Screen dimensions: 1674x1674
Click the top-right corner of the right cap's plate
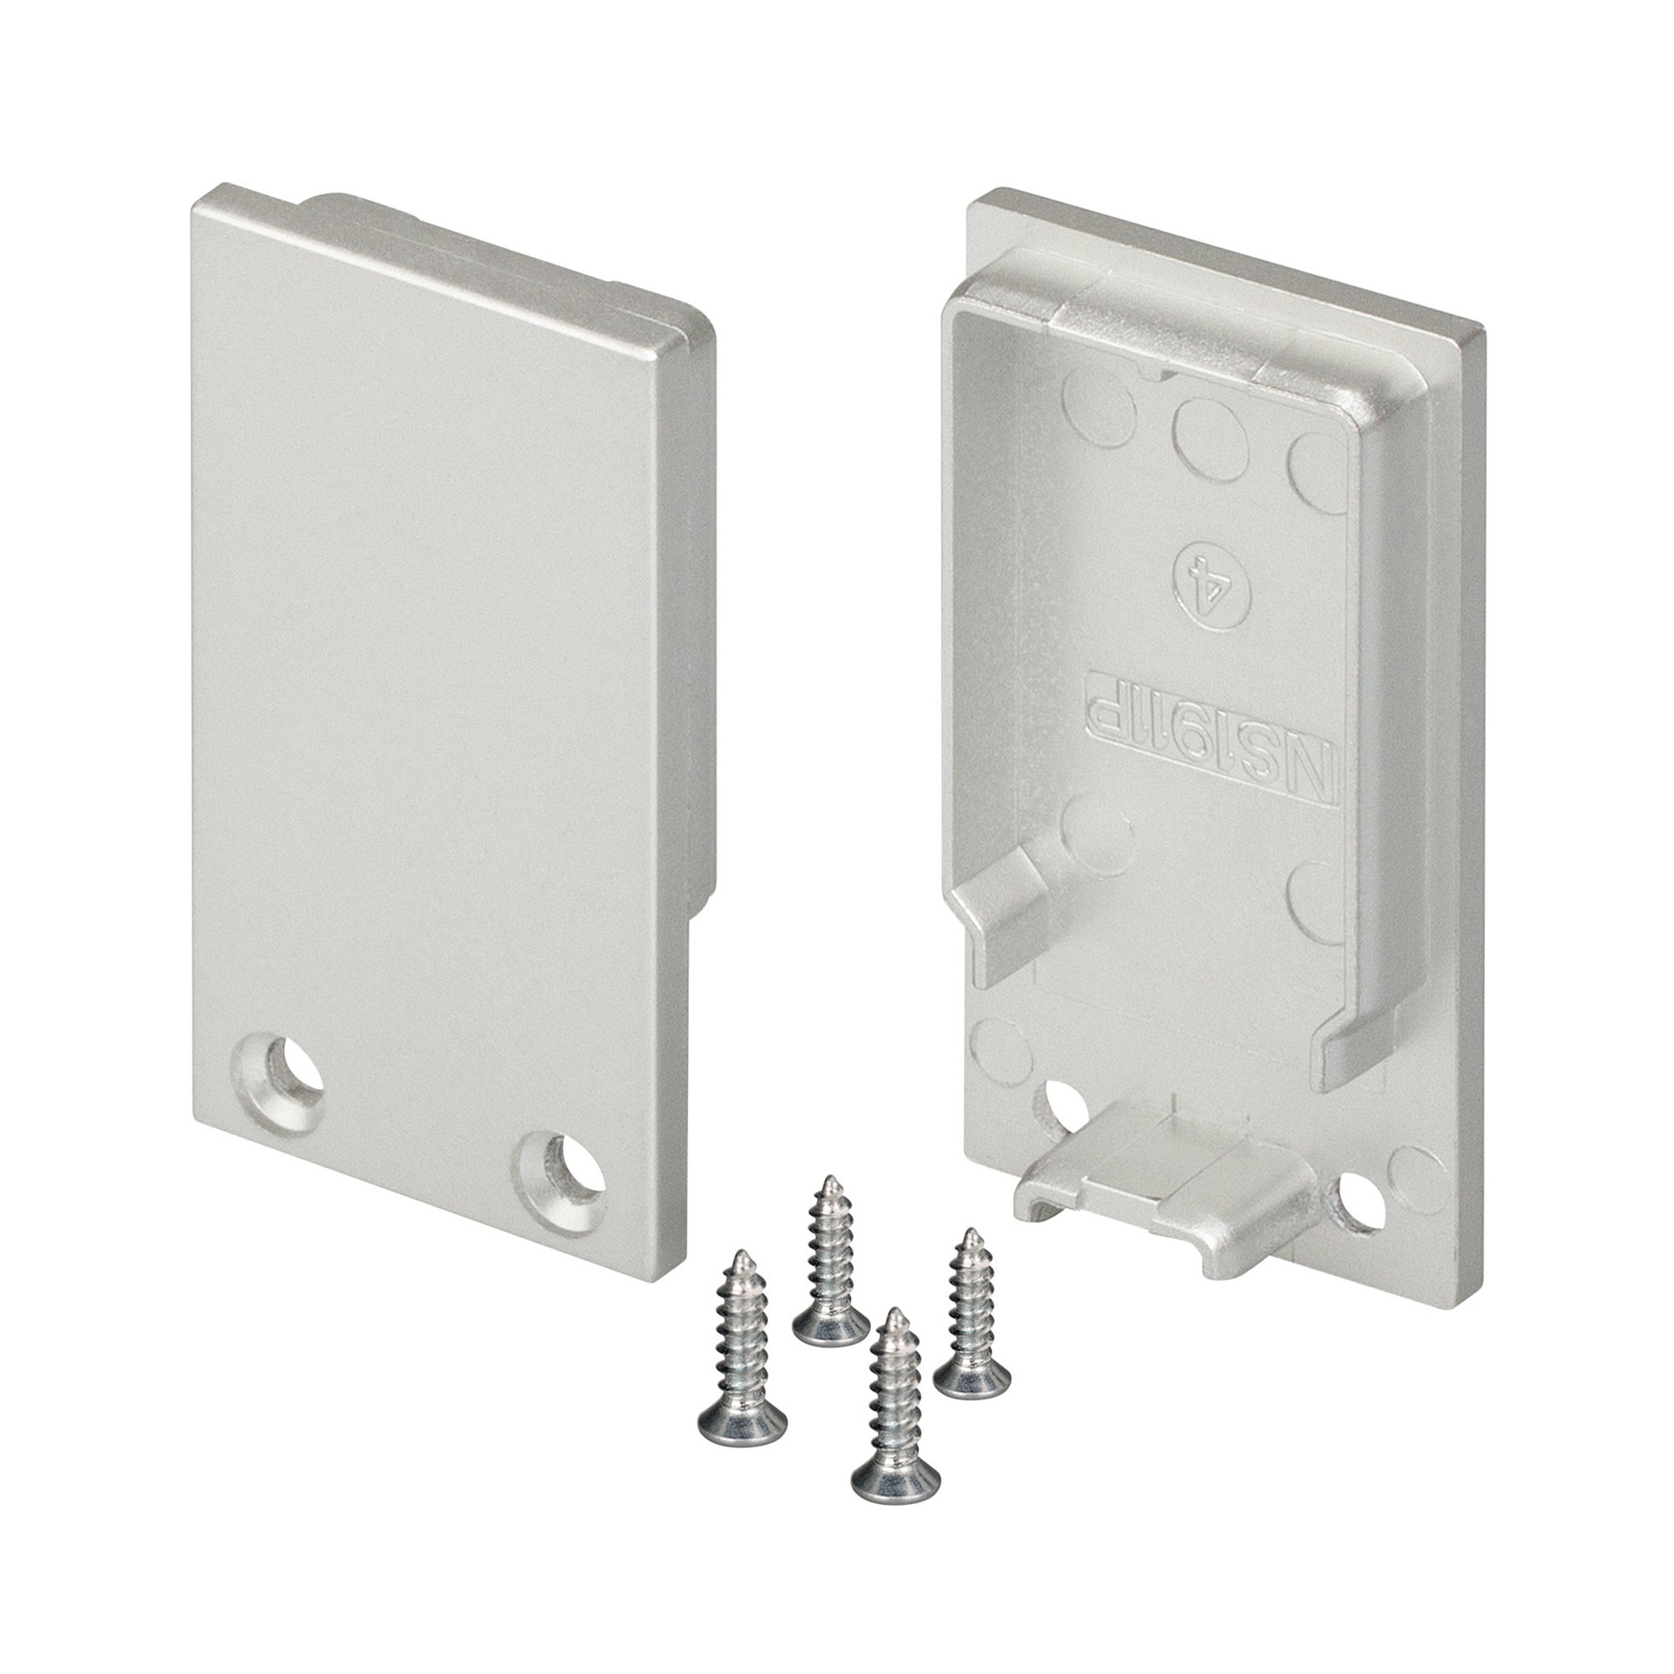(x=1482, y=336)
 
